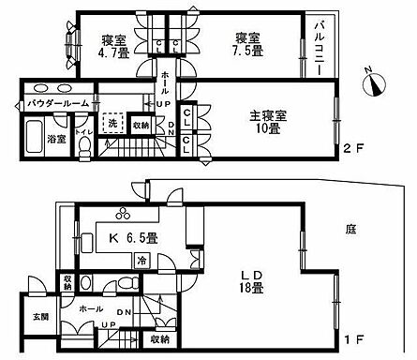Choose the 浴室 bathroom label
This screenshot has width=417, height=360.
(x=57, y=138)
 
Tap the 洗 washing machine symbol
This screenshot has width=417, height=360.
(x=112, y=124)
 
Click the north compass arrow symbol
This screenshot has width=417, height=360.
(x=377, y=86)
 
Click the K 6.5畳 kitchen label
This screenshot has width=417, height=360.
(x=127, y=237)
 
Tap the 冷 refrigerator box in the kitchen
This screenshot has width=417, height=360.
(x=141, y=262)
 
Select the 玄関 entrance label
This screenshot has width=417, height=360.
(x=39, y=315)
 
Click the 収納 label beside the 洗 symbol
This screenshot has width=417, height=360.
(x=141, y=125)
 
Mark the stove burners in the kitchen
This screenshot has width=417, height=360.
(x=124, y=211)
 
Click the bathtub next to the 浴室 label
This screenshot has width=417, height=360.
(x=30, y=141)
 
